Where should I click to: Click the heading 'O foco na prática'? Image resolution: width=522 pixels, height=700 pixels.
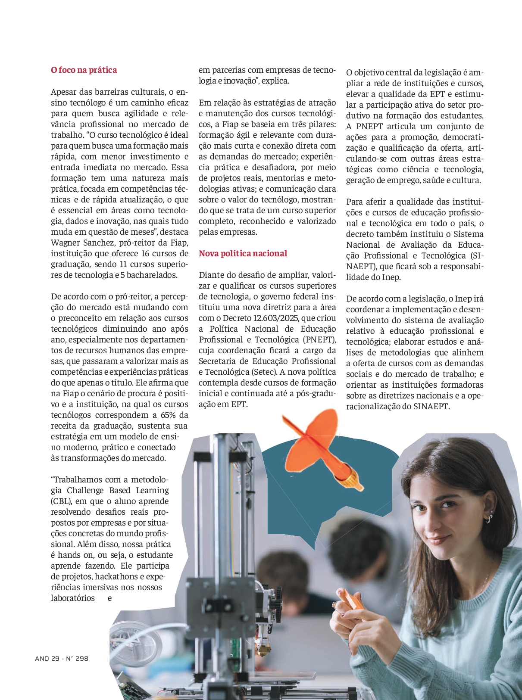point(84,70)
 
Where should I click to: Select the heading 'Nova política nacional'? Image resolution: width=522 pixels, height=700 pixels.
point(243,253)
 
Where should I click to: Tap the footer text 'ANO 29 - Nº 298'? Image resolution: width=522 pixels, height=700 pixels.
point(62,658)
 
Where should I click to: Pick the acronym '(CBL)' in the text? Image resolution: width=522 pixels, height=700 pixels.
point(61,501)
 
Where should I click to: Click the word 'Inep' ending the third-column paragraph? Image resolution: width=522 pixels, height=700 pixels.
point(391,277)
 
